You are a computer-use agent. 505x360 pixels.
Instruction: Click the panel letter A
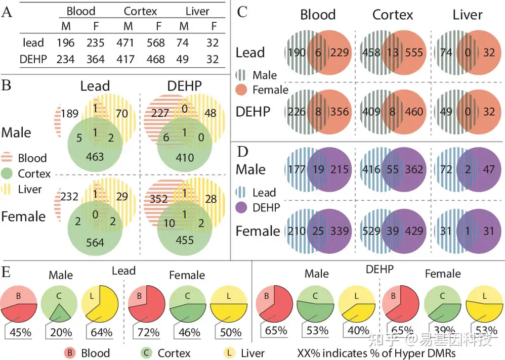click(7, 12)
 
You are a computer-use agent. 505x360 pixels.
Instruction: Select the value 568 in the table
click(155, 43)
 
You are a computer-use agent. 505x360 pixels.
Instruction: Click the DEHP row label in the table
click(33, 59)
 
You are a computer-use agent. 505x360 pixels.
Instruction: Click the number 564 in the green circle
click(95, 242)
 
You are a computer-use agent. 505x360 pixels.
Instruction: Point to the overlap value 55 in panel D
click(392, 169)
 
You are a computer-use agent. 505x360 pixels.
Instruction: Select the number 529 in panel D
click(372, 231)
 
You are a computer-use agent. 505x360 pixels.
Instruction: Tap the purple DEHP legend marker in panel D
click(243, 207)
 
